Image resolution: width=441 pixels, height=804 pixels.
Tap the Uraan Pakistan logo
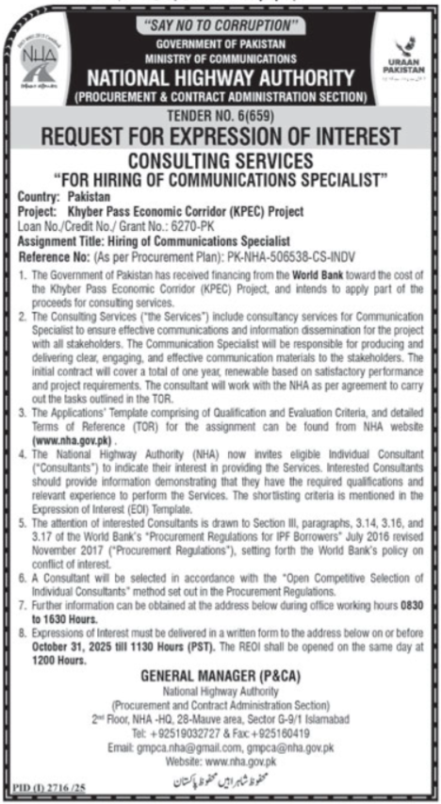pos(404,56)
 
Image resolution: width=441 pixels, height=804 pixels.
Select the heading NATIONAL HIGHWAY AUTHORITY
pos(220,77)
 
